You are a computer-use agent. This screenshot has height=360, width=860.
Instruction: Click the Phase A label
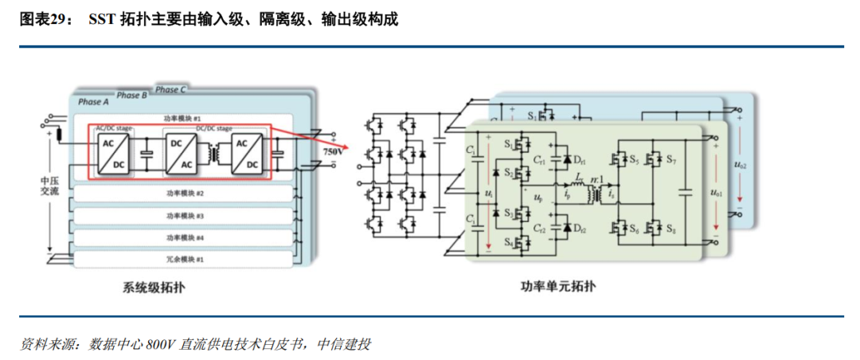click(90, 102)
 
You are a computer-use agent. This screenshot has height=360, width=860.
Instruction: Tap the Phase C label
click(170, 90)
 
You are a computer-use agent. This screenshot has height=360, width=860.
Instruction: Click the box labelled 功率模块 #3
click(185, 216)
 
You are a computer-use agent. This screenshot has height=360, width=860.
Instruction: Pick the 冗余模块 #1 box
click(185, 259)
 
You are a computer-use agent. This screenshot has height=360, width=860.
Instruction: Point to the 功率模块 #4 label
click(185, 237)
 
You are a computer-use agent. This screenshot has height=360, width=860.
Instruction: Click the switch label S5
click(634, 160)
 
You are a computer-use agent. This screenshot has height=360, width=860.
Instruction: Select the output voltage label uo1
click(717, 192)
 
